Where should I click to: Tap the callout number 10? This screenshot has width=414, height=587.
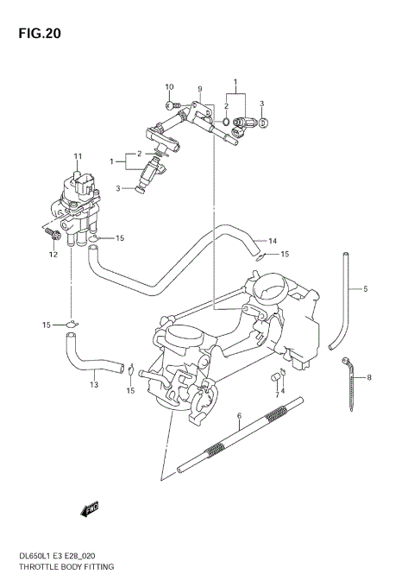pyautogui.click(x=169, y=87)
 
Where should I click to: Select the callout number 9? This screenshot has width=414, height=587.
pyautogui.click(x=199, y=89)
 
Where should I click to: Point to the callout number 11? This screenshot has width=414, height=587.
pyautogui.click(x=77, y=156)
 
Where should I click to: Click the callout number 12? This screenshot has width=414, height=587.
pyautogui.click(x=53, y=255)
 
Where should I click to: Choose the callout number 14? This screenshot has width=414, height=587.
pyautogui.click(x=272, y=241)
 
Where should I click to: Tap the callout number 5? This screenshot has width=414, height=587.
pyautogui.click(x=365, y=289)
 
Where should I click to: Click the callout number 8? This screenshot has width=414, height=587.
pyautogui.click(x=368, y=377)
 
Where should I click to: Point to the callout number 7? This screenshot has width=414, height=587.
pyautogui.click(x=278, y=394)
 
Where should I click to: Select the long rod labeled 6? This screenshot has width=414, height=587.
pyautogui.click(x=241, y=437)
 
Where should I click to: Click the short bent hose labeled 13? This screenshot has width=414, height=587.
pyautogui.click(x=86, y=355)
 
